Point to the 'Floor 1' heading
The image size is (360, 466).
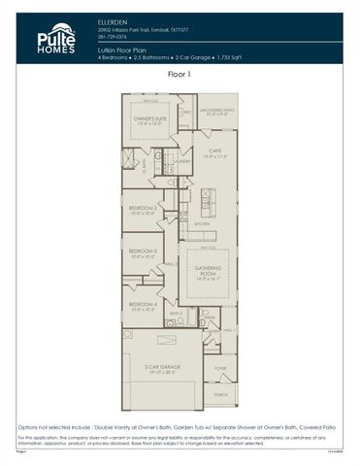180,74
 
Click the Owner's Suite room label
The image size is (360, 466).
148,120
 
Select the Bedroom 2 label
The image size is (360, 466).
144,209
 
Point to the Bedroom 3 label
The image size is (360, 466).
144,254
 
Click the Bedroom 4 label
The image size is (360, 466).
144,307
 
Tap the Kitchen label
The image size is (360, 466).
202,223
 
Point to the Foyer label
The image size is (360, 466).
219,369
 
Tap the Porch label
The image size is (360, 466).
219,395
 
